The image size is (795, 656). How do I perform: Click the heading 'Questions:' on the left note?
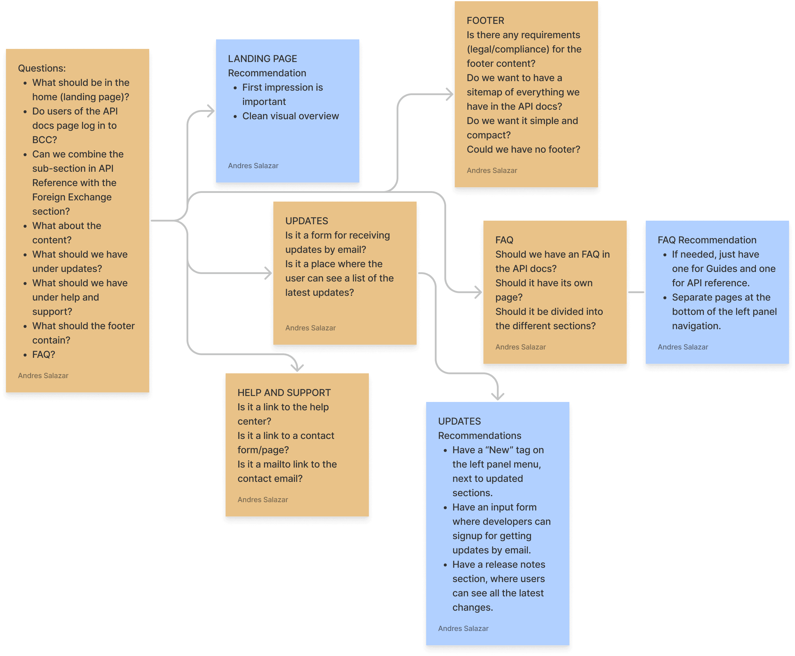(x=41, y=68)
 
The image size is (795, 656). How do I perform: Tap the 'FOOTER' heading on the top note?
(x=485, y=20)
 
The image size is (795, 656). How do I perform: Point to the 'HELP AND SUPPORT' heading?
(x=284, y=393)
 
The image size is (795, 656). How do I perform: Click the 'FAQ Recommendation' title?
(x=707, y=240)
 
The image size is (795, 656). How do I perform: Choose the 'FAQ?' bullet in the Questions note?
(x=44, y=355)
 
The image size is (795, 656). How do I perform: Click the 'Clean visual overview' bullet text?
(x=290, y=116)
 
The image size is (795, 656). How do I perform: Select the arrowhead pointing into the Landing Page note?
(x=211, y=111)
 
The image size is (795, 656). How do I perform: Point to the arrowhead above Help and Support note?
(x=297, y=367)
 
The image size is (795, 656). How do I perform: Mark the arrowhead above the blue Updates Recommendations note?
(x=498, y=395)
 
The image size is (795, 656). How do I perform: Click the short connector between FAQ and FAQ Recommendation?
(x=636, y=292)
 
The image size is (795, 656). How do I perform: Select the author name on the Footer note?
(x=492, y=171)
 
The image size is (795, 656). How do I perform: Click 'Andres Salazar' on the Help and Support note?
(x=263, y=499)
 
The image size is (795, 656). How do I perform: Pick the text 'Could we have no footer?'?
(x=523, y=149)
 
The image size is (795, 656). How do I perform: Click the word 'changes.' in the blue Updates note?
(x=472, y=607)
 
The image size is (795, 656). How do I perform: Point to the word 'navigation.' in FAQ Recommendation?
(x=696, y=326)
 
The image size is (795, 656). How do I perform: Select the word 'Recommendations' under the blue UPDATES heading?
(x=480, y=436)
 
